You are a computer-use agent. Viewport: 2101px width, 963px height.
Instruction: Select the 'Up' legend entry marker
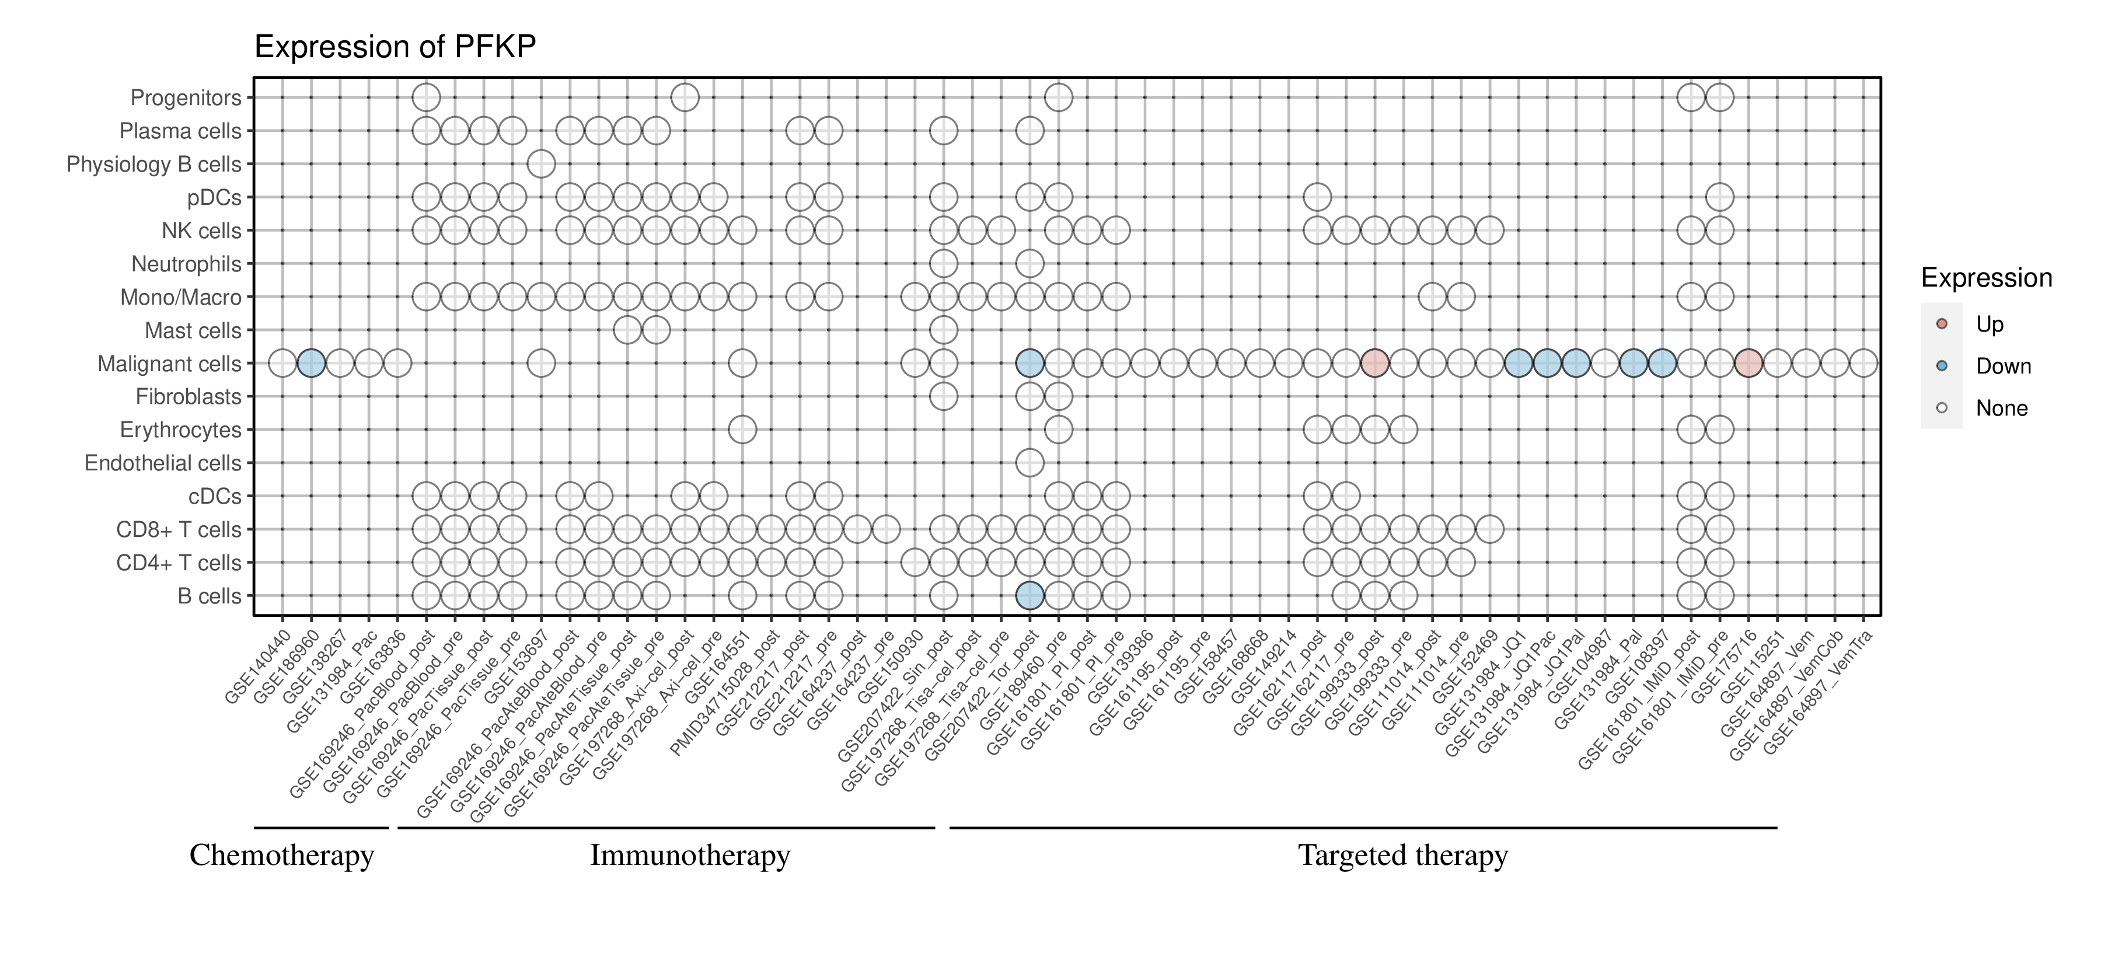click(x=1942, y=324)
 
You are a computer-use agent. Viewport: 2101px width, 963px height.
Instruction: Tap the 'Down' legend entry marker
click(x=1942, y=366)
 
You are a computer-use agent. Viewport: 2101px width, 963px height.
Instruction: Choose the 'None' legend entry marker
click(x=1942, y=408)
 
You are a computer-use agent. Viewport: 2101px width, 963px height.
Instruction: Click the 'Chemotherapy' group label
click(x=281, y=856)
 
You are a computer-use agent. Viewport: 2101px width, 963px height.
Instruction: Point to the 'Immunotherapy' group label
click(x=689, y=856)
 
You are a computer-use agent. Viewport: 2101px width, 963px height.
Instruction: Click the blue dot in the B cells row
click(x=1029, y=596)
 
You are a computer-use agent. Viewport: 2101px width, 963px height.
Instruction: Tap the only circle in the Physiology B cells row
click(x=541, y=164)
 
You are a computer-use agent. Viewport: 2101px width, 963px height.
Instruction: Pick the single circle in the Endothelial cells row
click(x=1029, y=463)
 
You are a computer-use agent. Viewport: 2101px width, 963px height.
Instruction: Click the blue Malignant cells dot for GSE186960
click(x=310, y=363)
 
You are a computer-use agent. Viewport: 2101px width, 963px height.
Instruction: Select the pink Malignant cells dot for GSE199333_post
click(x=1374, y=363)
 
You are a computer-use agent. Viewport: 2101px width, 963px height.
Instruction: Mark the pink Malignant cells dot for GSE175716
click(x=1748, y=363)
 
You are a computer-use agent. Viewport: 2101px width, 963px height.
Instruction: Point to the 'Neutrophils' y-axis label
click(x=186, y=264)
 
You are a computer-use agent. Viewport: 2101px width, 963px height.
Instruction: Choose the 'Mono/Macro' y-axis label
click(x=180, y=298)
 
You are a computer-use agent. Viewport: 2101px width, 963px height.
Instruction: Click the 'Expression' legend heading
click(x=1986, y=278)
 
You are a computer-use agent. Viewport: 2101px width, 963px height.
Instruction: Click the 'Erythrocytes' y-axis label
click(x=180, y=430)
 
